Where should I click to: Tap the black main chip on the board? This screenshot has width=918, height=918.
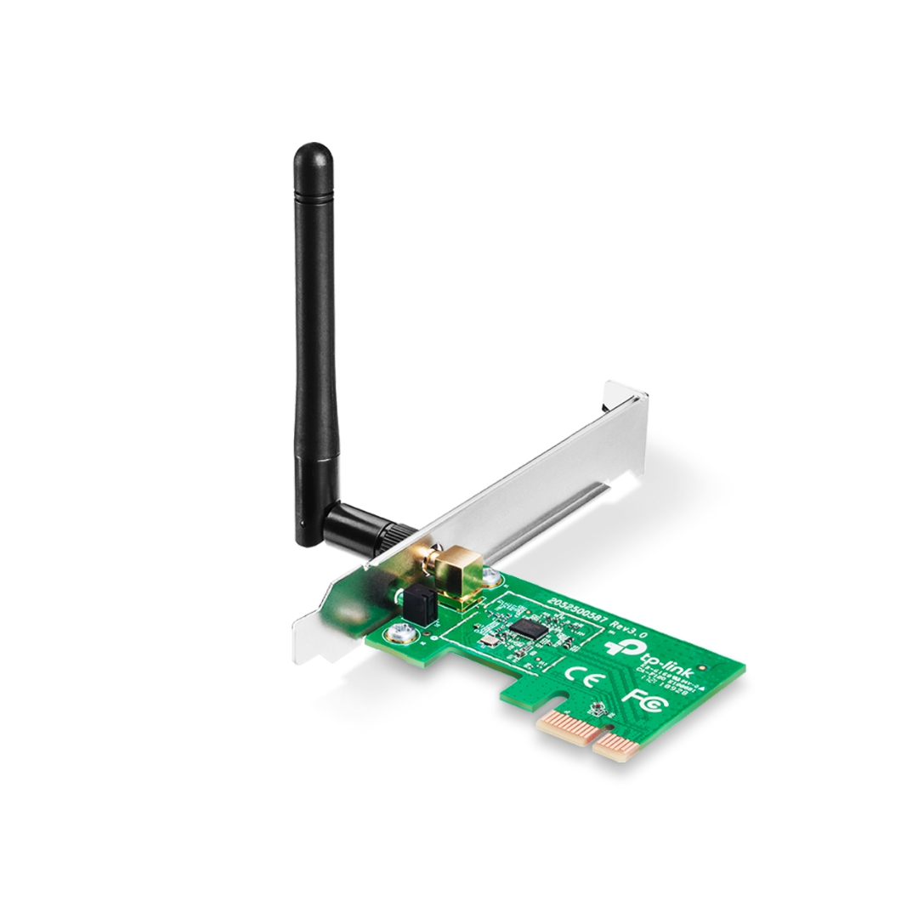coord(530,628)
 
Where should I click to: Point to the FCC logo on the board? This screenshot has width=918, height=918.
coord(637,698)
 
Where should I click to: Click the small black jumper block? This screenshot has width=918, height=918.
coord(417,603)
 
